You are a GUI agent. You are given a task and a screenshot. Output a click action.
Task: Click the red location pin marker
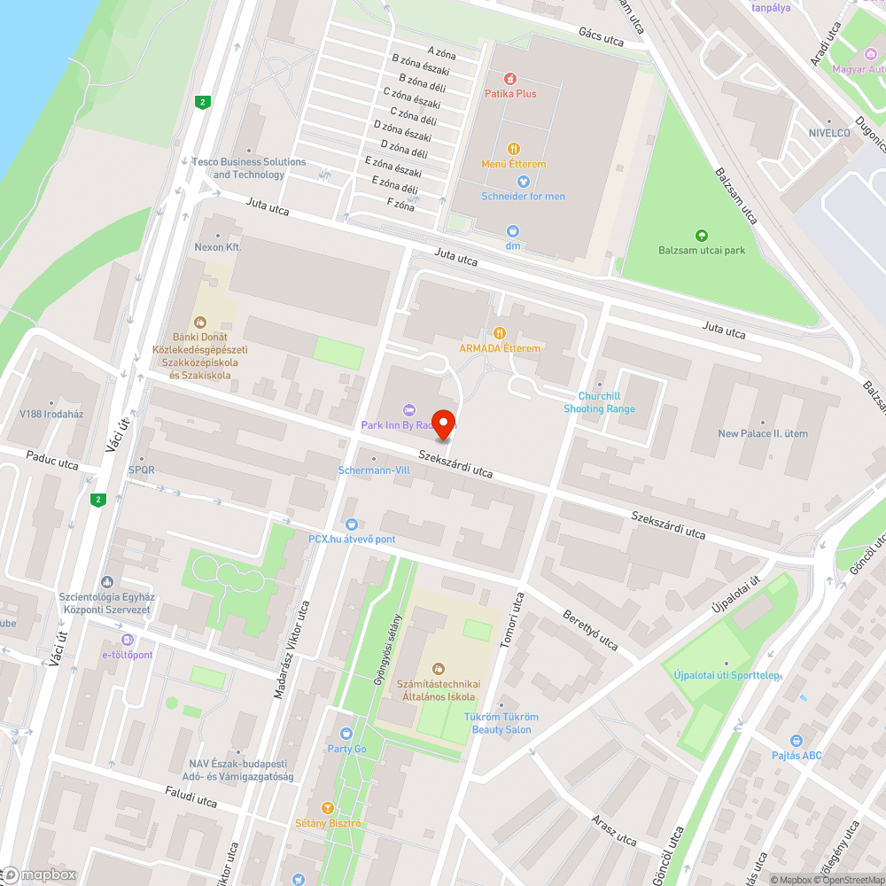(x=443, y=424)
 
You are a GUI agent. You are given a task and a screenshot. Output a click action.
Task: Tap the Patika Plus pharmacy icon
(x=509, y=79)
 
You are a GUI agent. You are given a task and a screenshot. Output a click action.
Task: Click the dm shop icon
(x=512, y=231)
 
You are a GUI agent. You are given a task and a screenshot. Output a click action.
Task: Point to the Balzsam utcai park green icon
(x=702, y=236)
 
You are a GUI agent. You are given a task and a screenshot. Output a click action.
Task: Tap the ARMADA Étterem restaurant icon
(x=500, y=334)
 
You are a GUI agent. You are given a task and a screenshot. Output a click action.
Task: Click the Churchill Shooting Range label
(x=600, y=402)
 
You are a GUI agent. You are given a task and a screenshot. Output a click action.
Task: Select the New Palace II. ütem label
(x=763, y=433)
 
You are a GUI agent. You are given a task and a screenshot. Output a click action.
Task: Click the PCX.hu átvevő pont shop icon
(x=351, y=525)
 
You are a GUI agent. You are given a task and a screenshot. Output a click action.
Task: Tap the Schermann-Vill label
(x=374, y=470)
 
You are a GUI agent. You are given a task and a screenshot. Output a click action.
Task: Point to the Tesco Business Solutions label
(x=249, y=167)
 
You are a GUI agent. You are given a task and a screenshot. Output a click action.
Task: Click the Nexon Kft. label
(x=218, y=247)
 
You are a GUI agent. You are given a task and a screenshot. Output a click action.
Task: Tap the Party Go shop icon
(x=346, y=734)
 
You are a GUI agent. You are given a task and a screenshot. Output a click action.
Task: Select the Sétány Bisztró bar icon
(x=328, y=808)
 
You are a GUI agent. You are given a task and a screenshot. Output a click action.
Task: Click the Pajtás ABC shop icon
(x=796, y=741)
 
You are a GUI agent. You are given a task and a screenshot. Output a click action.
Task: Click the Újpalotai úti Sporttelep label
(x=727, y=675)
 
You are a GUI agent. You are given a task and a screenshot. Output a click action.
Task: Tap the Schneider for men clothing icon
(x=523, y=182)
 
